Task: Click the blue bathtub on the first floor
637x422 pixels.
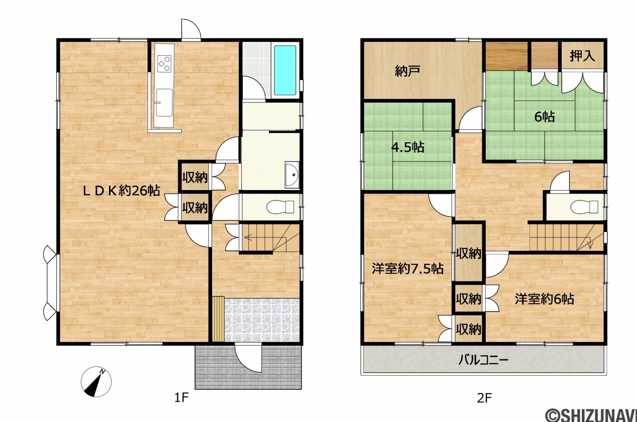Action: tap(285, 70)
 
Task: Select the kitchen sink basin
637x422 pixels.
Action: tap(164, 103)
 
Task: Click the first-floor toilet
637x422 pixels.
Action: tap(280, 207)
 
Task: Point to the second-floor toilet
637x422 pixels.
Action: tap(584, 207)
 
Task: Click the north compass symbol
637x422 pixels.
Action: tap(96, 382)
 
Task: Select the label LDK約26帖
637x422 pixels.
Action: tap(121, 191)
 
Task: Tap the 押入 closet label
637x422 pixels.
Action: tap(582, 56)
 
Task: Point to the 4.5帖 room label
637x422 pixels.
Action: tap(408, 147)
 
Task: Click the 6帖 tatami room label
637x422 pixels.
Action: tap(544, 116)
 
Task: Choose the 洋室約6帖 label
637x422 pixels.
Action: tap(544, 299)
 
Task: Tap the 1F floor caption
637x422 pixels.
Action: tap(182, 398)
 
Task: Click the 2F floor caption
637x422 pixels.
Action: tap(484, 398)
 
